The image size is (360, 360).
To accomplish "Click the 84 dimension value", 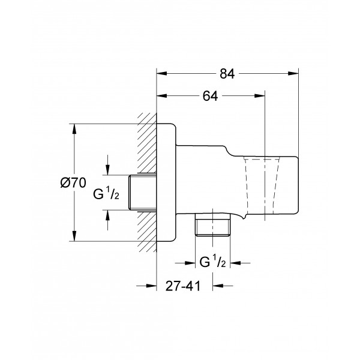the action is pos(227,74).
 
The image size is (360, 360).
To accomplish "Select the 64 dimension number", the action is pos(210,96).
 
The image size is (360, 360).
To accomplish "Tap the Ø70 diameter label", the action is pos(73,183).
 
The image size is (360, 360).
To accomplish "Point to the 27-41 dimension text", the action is pos(183,286).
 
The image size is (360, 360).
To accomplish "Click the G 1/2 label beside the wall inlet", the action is pos(106,194).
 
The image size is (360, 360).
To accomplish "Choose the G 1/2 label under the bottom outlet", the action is pos(212,262).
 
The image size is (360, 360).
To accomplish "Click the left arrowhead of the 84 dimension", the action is pos(161,73).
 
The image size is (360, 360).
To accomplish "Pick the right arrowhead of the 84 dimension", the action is pos(293,73).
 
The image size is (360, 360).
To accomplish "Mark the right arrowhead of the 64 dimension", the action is pos(260,96).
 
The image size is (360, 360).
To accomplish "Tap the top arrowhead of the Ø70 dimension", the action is pos(74,129).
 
